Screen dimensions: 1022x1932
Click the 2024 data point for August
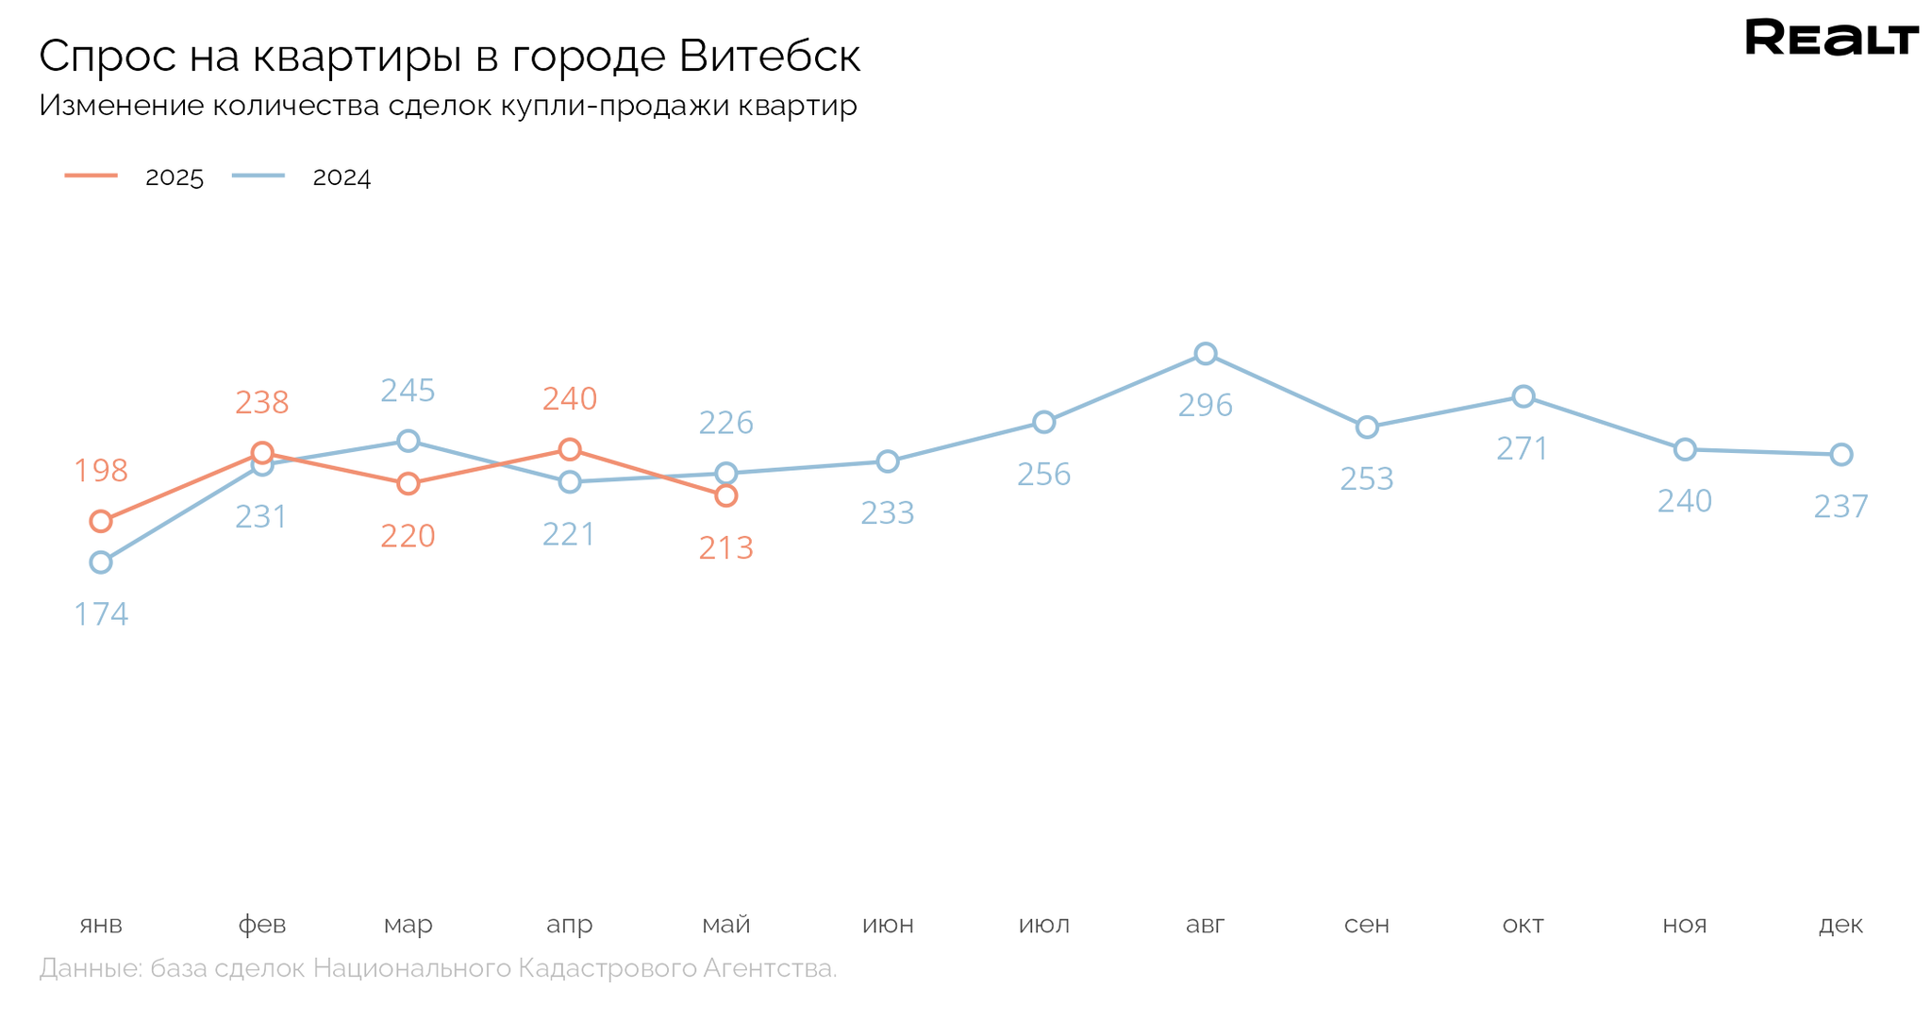tap(1205, 354)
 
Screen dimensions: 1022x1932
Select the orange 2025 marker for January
tap(101, 521)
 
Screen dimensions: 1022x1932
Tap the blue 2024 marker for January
tap(101, 562)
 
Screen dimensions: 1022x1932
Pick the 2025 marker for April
tap(569, 449)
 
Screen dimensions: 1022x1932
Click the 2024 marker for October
tap(1523, 396)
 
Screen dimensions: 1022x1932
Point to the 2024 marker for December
tap(1840, 455)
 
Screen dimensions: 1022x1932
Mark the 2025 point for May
tap(725, 495)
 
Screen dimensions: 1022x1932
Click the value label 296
tap(1205, 406)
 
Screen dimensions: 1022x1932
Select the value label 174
tap(101, 615)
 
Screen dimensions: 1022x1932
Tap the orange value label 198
tap(101, 471)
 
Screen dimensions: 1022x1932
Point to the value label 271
tap(1523, 449)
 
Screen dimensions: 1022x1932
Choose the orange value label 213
tap(725, 548)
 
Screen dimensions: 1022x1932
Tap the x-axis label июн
tap(888, 925)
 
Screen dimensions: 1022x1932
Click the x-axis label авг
tap(1205, 925)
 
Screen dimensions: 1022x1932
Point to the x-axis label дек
tap(1840, 925)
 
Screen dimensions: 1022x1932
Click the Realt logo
tap(1831, 38)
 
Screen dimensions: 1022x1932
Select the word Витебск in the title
tap(769, 56)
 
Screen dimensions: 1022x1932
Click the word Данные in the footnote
tap(90, 968)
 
